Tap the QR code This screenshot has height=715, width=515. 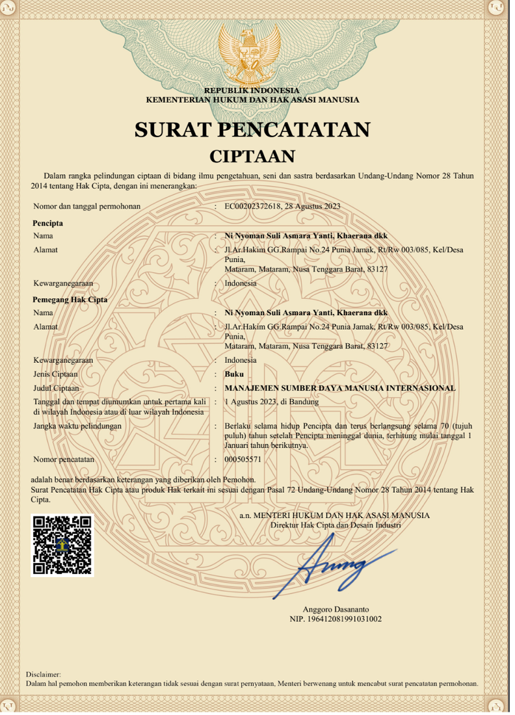point(62,545)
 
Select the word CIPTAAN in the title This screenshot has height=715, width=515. point(252,156)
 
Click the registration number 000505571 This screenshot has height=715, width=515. point(243,459)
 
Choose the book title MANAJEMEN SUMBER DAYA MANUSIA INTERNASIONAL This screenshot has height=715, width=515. point(340,388)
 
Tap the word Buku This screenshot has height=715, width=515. point(234,374)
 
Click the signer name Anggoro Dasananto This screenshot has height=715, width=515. point(336,609)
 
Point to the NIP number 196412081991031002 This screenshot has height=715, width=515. point(336,619)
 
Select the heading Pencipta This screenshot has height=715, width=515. point(47,223)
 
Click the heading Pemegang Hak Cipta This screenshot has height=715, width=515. point(70,300)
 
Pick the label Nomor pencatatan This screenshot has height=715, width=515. point(64,459)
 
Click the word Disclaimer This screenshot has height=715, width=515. point(43,675)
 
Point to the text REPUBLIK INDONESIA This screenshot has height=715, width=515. point(252,90)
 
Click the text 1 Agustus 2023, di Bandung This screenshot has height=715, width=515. point(271,402)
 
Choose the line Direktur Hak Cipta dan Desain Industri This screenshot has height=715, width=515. point(336,524)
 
